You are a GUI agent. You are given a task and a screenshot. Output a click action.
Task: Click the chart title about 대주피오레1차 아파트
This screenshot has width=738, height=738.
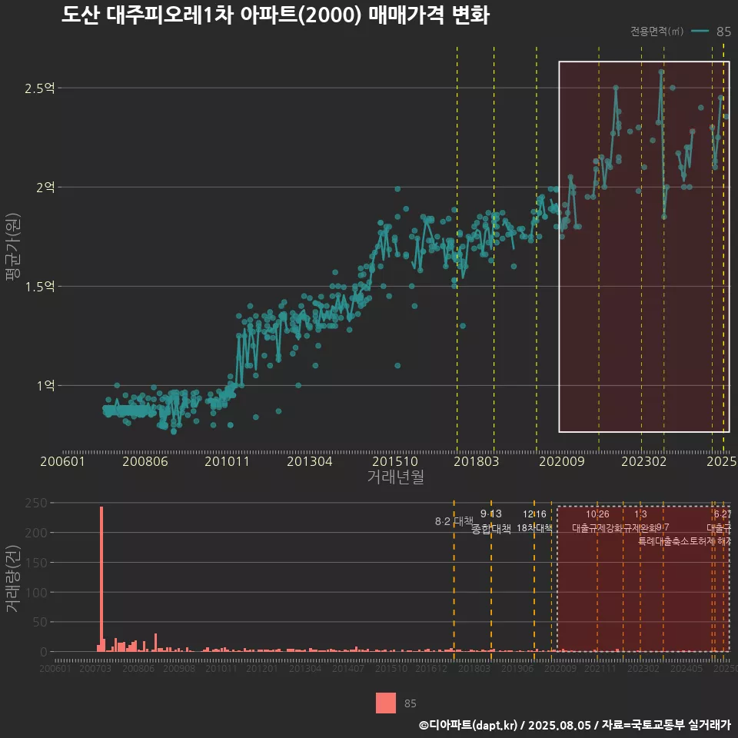pos(275,15)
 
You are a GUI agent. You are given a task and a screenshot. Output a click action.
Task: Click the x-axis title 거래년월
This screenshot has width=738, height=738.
pos(395,477)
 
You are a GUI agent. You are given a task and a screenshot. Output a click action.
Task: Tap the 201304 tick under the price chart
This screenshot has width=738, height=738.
pos(309,461)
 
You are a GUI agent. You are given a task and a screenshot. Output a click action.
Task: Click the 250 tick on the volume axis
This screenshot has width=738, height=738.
pos(38,503)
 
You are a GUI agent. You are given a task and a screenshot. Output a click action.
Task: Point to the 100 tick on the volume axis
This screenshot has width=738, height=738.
pos(38,592)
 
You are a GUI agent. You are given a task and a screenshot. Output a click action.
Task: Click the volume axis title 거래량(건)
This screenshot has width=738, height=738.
pos(12,578)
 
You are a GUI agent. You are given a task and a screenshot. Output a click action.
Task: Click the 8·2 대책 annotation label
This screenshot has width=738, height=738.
pos(454,521)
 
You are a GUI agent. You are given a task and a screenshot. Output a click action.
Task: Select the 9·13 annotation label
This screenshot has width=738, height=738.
pos(490,514)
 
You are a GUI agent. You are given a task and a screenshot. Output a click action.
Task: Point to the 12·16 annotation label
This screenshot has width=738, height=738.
pos(534,514)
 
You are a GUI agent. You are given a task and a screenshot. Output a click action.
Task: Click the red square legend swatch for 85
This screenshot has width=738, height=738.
pos(386,703)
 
